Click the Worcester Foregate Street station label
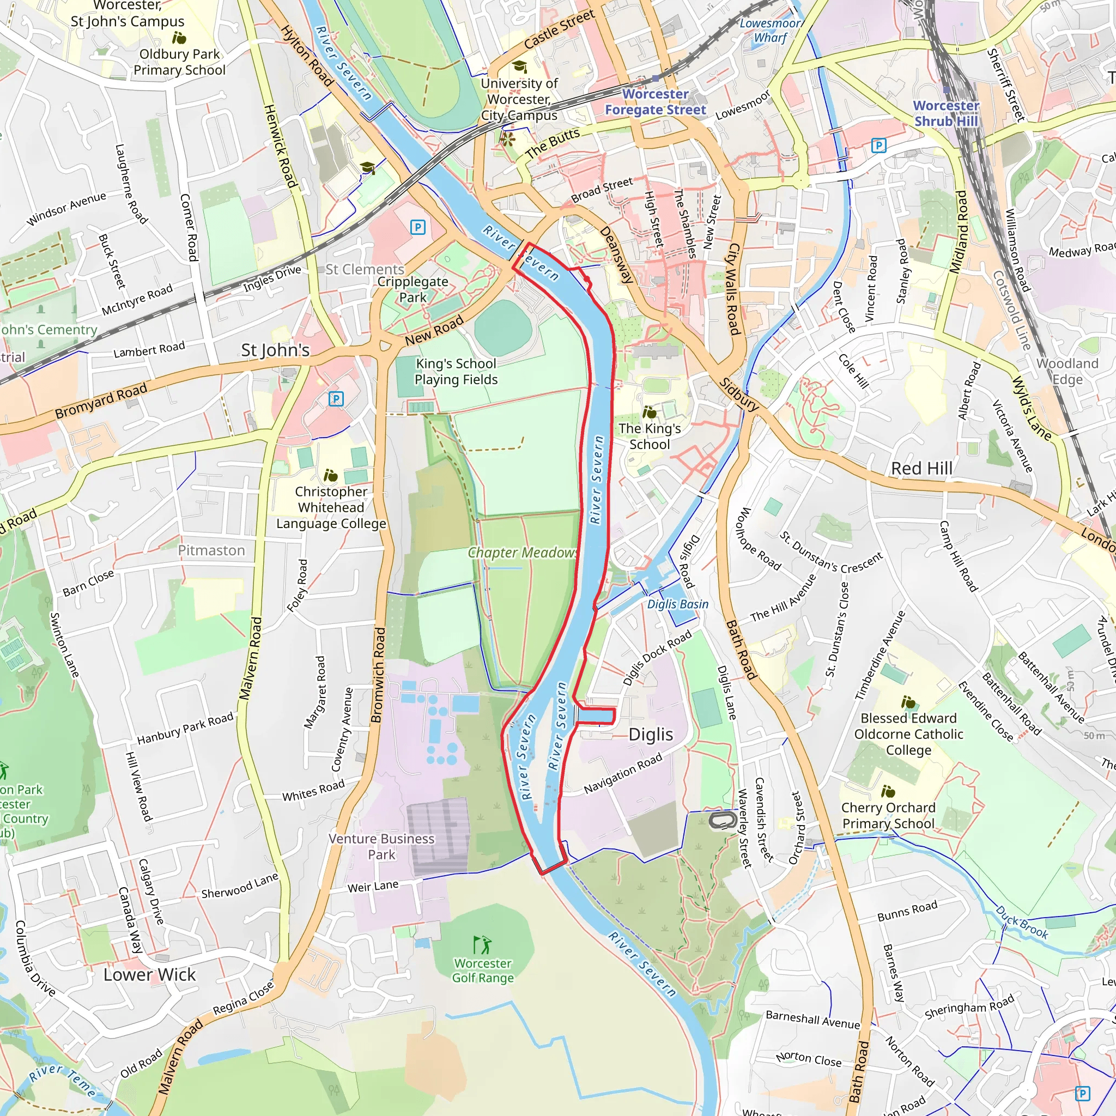click(655, 102)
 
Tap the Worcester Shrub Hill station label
click(945, 114)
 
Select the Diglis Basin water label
click(677, 604)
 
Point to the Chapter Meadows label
click(522, 553)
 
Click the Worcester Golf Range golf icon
click(482, 944)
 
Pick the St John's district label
click(275, 350)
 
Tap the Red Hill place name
click(921, 469)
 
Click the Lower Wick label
click(150, 975)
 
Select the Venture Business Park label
click(381, 846)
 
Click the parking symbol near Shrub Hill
click(878, 145)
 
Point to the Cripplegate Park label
click(413, 289)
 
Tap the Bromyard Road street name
click(101, 401)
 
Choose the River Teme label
click(62, 1079)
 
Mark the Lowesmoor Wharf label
click(770, 31)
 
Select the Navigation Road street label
click(623, 774)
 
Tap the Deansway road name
click(617, 254)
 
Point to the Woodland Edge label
click(1067, 372)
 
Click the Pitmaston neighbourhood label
click(211, 550)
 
